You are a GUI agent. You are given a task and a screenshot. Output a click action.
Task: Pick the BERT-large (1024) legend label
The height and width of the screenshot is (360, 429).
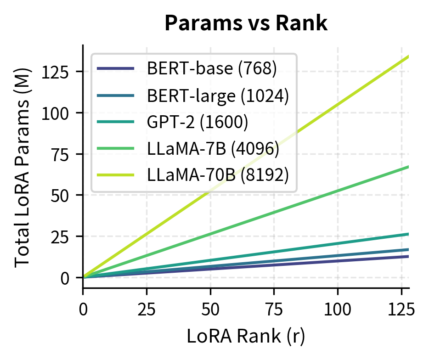[218, 96]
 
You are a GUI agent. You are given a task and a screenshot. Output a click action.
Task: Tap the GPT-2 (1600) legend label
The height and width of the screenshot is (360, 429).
[198, 123]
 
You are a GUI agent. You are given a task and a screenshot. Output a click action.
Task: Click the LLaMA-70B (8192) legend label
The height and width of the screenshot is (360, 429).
[218, 176]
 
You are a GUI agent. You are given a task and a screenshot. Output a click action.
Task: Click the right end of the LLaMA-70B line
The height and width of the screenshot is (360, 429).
[408, 56]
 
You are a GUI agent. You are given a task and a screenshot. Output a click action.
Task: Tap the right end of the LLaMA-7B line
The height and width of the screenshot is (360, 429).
[408, 167]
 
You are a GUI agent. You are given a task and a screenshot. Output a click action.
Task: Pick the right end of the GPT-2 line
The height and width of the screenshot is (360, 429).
[408, 234]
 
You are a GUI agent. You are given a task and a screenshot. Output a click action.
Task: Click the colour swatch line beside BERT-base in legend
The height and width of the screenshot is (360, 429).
[116, 69]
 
